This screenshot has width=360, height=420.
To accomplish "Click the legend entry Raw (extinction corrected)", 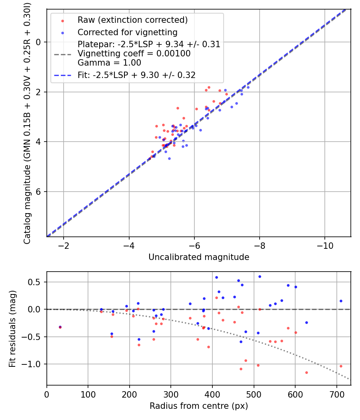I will coord(132,20).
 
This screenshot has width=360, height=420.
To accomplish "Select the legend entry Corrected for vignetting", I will coord(127,32).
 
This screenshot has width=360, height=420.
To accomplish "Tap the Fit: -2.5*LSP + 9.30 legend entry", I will coord(136,75).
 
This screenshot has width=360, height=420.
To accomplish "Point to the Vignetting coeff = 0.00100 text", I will coord(134,54).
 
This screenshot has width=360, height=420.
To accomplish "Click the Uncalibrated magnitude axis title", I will coord(199,257).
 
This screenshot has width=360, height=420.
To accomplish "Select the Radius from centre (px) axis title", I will coord(199,406).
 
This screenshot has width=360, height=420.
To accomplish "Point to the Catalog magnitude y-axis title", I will coord(27,122).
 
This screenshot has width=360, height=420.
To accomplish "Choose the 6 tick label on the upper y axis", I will coord(39,192).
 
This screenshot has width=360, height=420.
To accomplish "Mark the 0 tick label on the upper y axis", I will coord(39,42).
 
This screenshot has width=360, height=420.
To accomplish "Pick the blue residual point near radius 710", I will coord(341,301).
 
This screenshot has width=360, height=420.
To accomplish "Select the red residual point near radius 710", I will coord(341,366).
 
